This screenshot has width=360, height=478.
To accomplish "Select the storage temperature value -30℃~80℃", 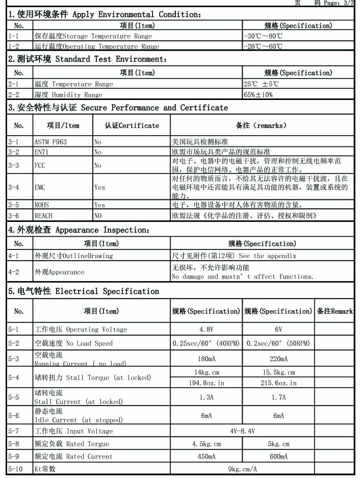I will (x=263, y=36).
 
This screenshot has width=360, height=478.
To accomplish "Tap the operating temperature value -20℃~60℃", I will (x=263, y=46).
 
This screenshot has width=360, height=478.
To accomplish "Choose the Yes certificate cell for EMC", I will (x=100, y=187).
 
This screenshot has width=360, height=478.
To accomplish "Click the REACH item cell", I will (x=43, y=216).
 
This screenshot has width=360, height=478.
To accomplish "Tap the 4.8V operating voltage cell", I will (x=206, y=330).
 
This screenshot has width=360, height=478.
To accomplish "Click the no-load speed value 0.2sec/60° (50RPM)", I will (x=278, y=343).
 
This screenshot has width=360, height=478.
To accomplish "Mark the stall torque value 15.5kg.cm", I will (x=278, y=372).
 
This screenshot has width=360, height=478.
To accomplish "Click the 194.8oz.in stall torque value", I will (x=206, y=383).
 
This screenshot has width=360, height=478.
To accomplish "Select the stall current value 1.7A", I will (x=278, y=397).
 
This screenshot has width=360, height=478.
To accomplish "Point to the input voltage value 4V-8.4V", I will (x=242, y=431).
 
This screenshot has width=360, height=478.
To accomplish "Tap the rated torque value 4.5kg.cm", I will (x=206, y=444).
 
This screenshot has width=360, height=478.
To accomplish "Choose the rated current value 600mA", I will (x=278, y=457).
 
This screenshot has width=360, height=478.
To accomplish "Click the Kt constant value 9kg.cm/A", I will (x=242, y=469).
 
